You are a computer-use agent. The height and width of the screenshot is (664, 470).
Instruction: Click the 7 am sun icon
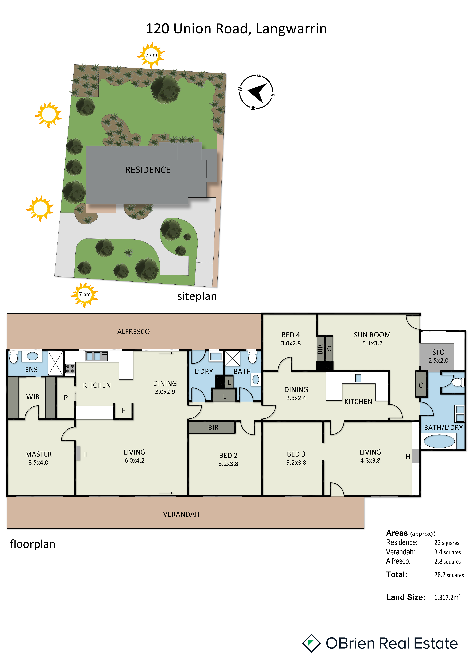(151, 55)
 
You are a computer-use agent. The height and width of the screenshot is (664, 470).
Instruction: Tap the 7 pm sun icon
(85, 295)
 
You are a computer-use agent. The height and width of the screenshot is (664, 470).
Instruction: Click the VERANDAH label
(181, 514)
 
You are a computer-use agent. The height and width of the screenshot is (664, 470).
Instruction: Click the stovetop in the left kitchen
(70, 368)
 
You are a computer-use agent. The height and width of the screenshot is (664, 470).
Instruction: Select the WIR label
(33, 397)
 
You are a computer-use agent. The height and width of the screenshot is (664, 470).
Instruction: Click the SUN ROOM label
(372, 335)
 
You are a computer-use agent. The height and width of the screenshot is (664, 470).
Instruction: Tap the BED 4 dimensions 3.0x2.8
(291, 343)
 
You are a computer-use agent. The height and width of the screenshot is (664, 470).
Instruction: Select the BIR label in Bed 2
(213, 427)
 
